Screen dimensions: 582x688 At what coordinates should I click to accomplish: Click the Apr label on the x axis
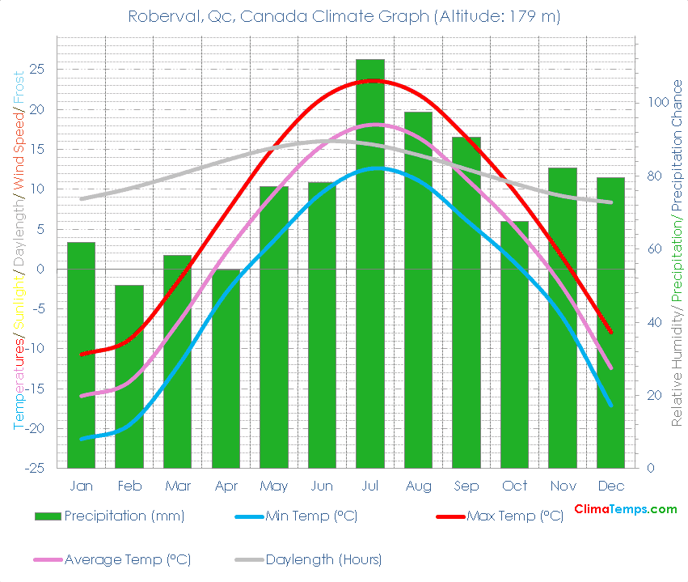(226, 486)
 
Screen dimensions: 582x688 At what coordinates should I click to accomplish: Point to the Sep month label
(466, 486)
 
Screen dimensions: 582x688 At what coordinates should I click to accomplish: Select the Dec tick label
(610, 486)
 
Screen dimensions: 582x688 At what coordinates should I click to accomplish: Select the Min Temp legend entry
(311, 516)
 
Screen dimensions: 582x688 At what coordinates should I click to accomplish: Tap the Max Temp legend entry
(514, 516)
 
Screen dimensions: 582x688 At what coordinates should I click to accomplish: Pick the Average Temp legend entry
(127, 559)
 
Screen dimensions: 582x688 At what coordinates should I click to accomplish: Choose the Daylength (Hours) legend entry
(323, 559)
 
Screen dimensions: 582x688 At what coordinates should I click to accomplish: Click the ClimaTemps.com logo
(625, 509)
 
